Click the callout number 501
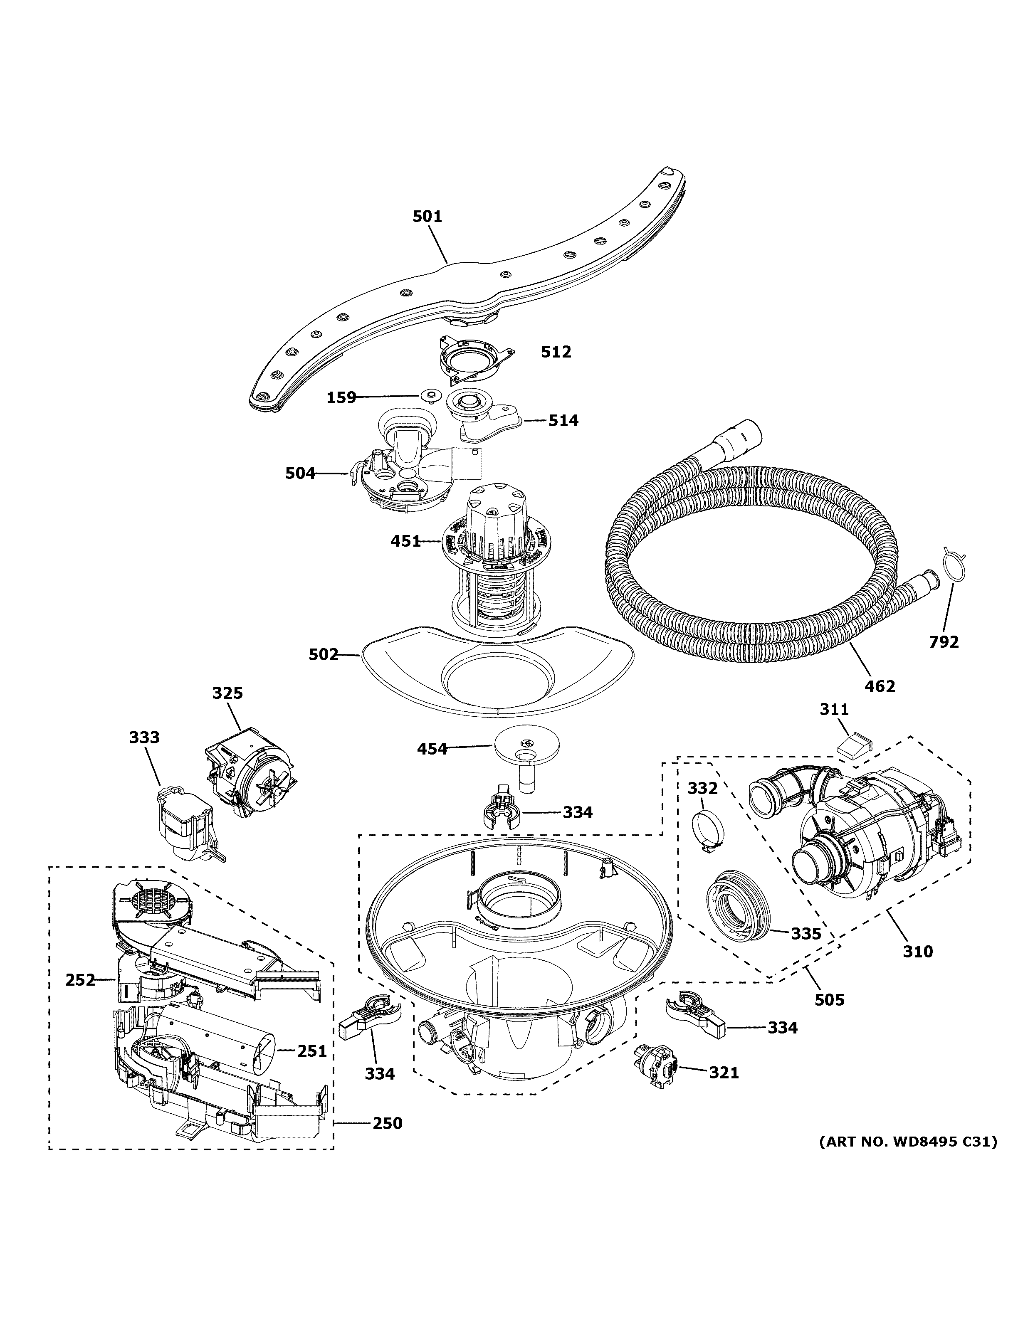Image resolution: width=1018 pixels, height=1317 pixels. (427, 217)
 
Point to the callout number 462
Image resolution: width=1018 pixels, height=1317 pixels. (880, 686)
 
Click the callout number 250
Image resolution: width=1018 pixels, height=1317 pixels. (387, 1123)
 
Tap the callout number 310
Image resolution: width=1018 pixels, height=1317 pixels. (918, 952)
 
